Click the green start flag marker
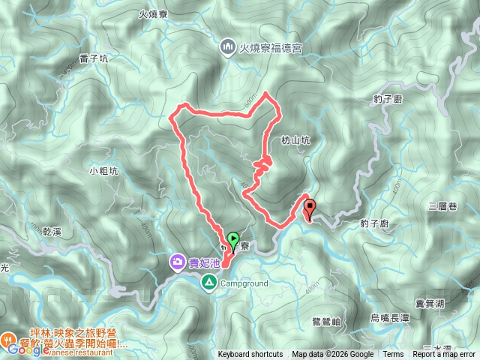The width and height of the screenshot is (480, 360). coord(232,241)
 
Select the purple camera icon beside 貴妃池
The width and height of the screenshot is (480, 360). coord(178,262)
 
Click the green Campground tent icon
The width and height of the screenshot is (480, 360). coord(208,283)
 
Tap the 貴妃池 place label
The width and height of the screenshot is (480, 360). coord(204,262)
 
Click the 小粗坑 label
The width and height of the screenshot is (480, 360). coord(103,170)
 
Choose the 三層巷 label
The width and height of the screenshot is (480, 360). coord(442,205)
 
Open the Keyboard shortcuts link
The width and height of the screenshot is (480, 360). coord(250,355)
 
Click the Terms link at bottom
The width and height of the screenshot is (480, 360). coord(393,355)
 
